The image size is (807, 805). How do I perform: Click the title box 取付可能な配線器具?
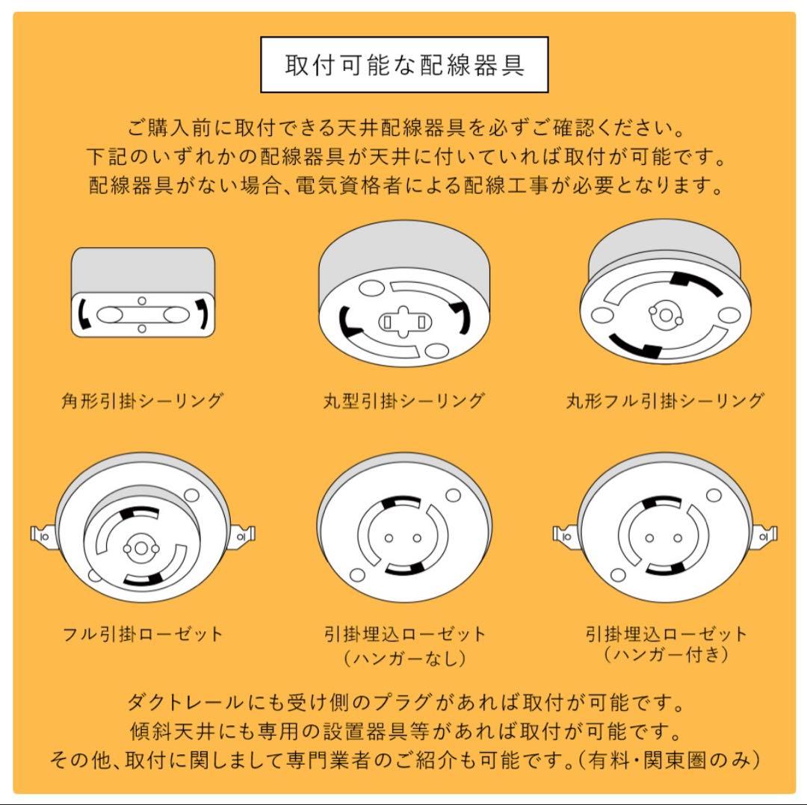[x=404, y=65]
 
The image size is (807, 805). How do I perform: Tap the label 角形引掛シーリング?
[x=142, y=401]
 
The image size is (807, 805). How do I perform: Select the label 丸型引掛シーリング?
[x=403, y=401]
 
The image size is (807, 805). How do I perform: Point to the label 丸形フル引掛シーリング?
[x=664, y=401]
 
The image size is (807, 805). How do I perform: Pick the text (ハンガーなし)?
[x=403, y=659]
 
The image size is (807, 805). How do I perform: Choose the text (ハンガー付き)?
[x=664, y=655]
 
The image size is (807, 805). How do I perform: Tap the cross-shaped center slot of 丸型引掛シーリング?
[x=403, y=322]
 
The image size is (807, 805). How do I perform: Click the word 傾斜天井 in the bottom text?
[x=164, y=732]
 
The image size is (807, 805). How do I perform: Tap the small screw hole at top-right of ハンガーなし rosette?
[x=453, y=494]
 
